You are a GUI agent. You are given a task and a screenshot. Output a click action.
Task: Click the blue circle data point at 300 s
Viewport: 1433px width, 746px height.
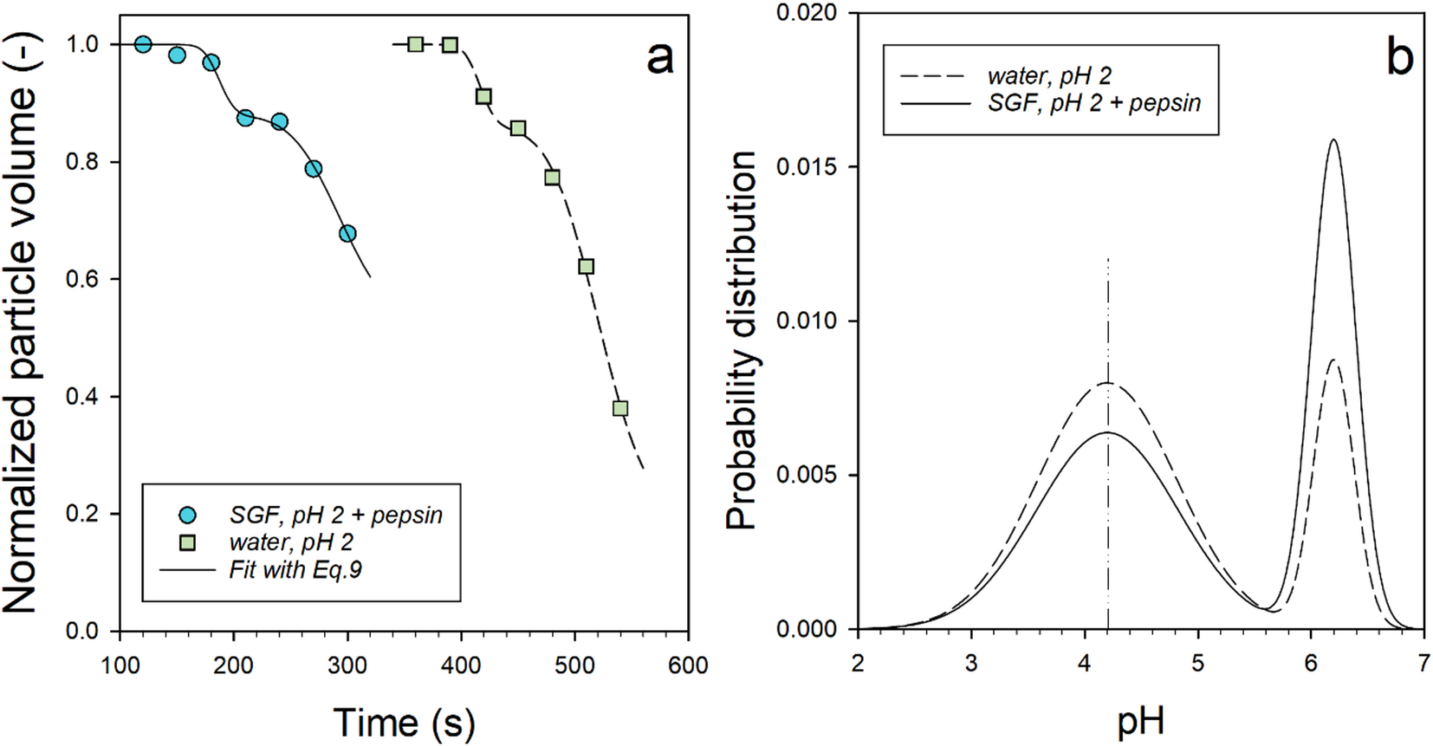(347, 233)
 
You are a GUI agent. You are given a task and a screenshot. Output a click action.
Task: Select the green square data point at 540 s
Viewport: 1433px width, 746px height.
(620, 408)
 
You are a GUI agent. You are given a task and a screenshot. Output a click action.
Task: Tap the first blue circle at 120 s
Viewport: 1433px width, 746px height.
(144, 44)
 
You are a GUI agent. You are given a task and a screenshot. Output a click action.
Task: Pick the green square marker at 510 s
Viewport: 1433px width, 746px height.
(587, 266)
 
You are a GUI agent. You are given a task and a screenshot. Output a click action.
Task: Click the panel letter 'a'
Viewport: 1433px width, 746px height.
(659, 58)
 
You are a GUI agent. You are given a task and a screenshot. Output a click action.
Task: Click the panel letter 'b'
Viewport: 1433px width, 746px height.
(1399, 58)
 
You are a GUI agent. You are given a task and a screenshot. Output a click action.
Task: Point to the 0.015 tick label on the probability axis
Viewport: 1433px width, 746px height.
(807, 166)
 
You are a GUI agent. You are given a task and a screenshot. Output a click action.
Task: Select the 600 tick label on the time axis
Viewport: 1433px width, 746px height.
(688, 665)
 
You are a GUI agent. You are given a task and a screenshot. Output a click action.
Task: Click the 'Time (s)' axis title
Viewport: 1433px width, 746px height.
(404, 722)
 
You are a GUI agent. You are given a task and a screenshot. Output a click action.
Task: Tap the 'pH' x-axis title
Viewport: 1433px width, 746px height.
(1140, 722)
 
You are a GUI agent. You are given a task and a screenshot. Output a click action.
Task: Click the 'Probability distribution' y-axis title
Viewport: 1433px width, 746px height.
(742, 340)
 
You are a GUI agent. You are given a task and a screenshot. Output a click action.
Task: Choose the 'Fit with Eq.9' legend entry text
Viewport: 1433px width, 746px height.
(295, 570)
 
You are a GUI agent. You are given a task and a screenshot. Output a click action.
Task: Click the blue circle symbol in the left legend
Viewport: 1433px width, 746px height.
(186, 516)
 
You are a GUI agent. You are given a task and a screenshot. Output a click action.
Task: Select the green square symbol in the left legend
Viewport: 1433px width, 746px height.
(186, 543)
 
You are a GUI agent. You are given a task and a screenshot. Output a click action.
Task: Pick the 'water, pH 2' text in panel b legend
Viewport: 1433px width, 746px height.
(1049, 76)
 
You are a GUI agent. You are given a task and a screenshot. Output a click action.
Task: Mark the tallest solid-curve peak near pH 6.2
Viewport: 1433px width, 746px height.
(1333, 140)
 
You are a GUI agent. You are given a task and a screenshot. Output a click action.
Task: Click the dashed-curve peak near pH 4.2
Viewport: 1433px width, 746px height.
(1108, 383)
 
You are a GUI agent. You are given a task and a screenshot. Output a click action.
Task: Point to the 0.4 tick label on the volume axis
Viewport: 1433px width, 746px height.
(82, 397)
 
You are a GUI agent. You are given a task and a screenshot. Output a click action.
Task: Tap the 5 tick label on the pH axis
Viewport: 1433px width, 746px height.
(1197, 664)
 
